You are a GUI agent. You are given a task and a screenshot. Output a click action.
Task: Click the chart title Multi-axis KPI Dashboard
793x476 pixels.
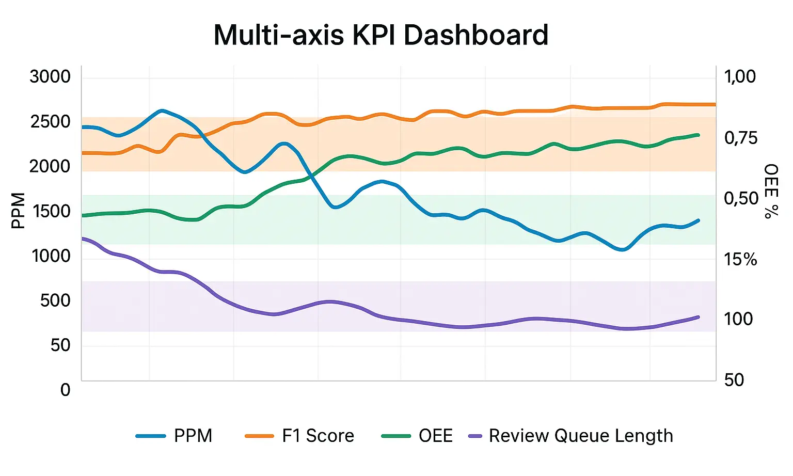coord(380,35)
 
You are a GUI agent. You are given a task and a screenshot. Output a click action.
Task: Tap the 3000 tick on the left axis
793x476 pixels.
coord(50,76)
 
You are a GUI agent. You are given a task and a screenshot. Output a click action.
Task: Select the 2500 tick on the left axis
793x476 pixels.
coord(50,122)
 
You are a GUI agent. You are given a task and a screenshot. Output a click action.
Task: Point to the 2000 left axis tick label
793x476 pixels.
coord(50,166)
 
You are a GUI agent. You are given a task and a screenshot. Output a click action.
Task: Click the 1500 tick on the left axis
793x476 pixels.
coord(51,211)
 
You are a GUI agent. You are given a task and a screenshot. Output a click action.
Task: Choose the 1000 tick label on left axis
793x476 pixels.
coord(51,256)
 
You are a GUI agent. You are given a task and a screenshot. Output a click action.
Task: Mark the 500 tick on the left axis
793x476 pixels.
coord(55,300)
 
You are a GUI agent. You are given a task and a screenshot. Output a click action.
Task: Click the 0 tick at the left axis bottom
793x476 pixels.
coord(65,390)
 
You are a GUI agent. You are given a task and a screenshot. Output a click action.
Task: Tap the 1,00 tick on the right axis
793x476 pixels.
coord(740,76)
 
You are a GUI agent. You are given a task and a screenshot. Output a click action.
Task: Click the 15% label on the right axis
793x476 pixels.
coord(740,259)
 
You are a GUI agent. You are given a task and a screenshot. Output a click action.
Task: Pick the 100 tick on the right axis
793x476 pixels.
coord(738,319)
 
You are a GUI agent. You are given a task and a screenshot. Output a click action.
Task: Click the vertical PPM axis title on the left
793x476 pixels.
coord(18,211)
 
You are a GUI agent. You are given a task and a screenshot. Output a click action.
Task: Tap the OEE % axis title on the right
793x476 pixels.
coord(771,191)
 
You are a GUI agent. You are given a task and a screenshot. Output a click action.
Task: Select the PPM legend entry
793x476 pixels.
coord(175,436)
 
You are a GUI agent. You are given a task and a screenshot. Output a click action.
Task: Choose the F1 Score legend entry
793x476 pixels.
coord(300,436)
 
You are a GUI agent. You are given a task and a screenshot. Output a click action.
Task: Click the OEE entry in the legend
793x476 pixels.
coord(417,436)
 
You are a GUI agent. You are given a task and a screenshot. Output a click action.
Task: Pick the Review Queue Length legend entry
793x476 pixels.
coord(570,436)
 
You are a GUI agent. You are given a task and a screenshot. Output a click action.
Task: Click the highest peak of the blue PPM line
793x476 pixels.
coord(162,110)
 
